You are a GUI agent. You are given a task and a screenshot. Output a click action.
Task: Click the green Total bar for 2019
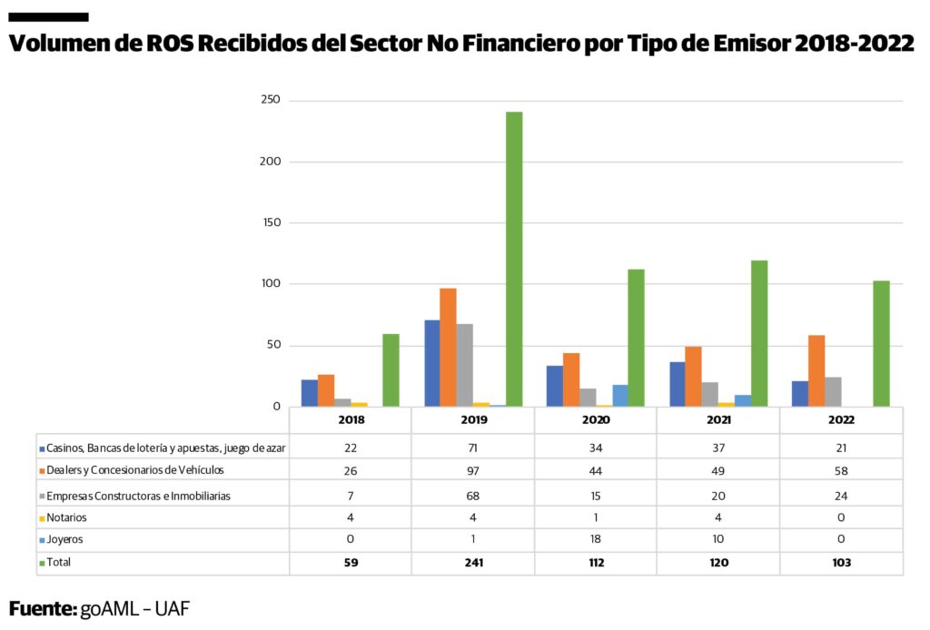tap(514, 259)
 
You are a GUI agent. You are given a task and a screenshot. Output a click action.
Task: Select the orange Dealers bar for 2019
tap(448, 347)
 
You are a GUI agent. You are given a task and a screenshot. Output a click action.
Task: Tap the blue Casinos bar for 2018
tap(310, 393)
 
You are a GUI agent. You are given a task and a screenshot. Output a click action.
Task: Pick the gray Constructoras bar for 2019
tap(464, 365)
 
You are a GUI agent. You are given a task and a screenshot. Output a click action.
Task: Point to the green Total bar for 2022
tap(881, 343)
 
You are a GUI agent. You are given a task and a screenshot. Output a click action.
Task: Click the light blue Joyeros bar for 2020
tap(619, 396)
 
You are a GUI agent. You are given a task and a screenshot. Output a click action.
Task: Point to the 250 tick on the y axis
tap(270, 100)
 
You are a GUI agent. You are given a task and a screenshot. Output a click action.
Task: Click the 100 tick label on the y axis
tap(270, 284)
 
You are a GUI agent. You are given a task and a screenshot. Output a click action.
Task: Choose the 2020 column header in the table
tap(596, 421)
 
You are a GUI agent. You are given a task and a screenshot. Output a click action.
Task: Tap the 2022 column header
tap(841, 421)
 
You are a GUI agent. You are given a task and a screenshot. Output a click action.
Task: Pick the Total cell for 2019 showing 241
tap(473, 563)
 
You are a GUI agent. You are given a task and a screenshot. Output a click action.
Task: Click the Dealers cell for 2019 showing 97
tap(473, 471)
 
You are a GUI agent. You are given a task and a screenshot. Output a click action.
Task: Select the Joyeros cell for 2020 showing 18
tap(596, 539)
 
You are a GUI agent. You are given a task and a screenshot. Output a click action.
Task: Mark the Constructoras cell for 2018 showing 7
tap(351, 496)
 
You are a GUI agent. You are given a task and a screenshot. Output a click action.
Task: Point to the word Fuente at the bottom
tap(42, 608)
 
